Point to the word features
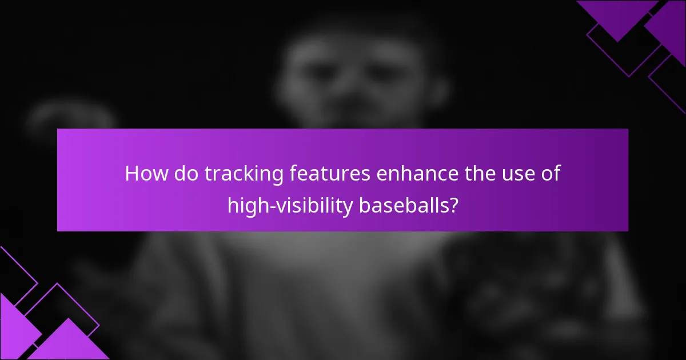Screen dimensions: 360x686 tap(327, 174)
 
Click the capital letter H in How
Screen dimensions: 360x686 tap(131, 174)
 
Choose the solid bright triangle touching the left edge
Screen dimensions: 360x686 tap(14, 326)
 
